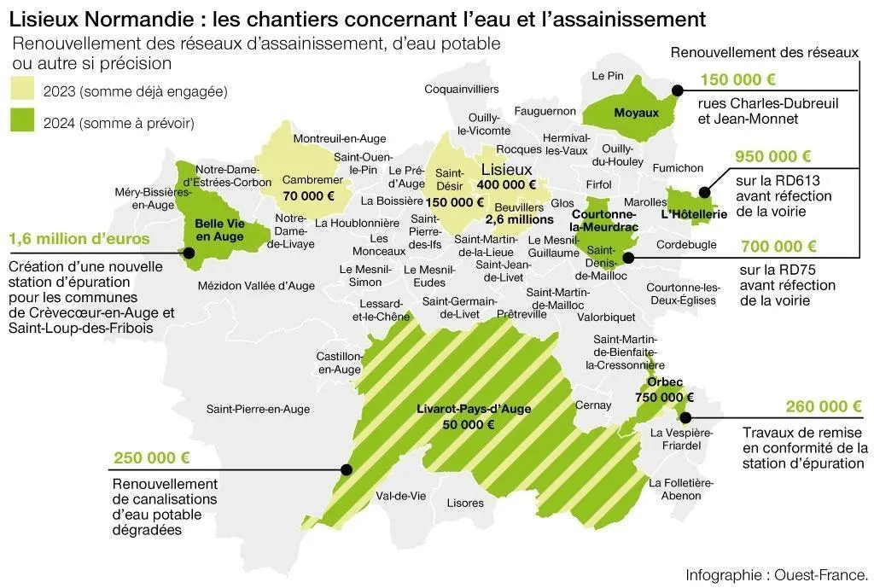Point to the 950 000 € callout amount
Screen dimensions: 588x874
773,156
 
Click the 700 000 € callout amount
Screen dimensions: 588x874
778,247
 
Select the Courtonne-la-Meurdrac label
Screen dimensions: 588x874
604,220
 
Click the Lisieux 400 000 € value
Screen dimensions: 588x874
506,184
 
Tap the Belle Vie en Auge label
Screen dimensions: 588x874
219,230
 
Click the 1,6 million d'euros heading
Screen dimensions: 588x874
79,239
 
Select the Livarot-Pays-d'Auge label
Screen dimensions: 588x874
474,409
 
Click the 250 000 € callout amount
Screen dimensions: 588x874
151,457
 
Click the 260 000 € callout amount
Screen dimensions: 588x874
824,406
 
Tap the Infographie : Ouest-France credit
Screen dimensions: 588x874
777,573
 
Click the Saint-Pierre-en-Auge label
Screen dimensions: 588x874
258,409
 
